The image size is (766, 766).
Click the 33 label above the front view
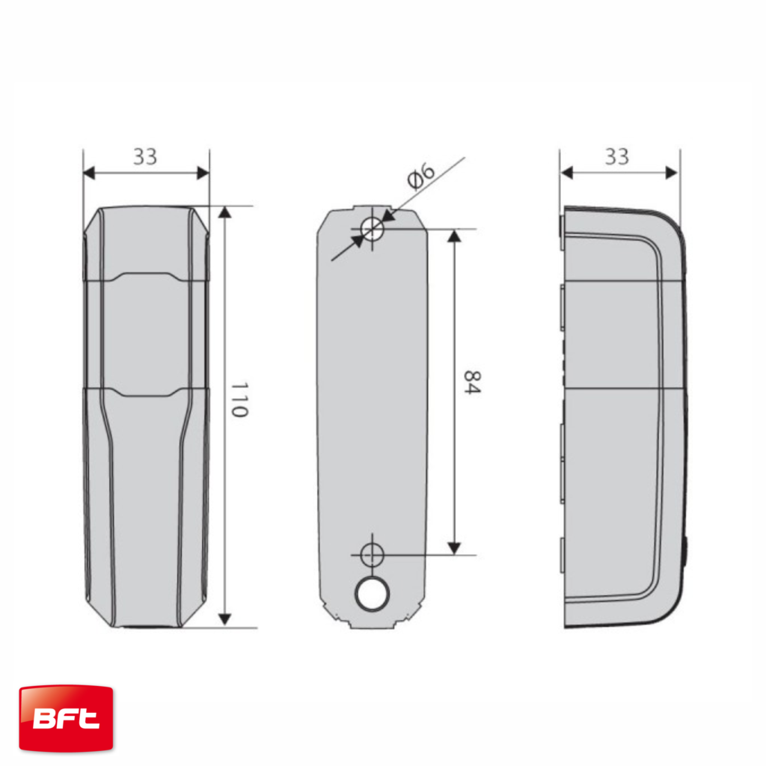(145, 156)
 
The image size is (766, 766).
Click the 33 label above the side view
(617, 156)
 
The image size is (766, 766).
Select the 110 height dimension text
(239, 399)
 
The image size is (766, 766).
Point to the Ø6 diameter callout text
(420, 175)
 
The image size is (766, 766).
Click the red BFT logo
(66, 718)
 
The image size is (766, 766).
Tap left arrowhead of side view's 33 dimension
(566, 173)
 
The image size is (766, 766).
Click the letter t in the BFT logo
(88, 720)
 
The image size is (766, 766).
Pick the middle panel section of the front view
(145, 333)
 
